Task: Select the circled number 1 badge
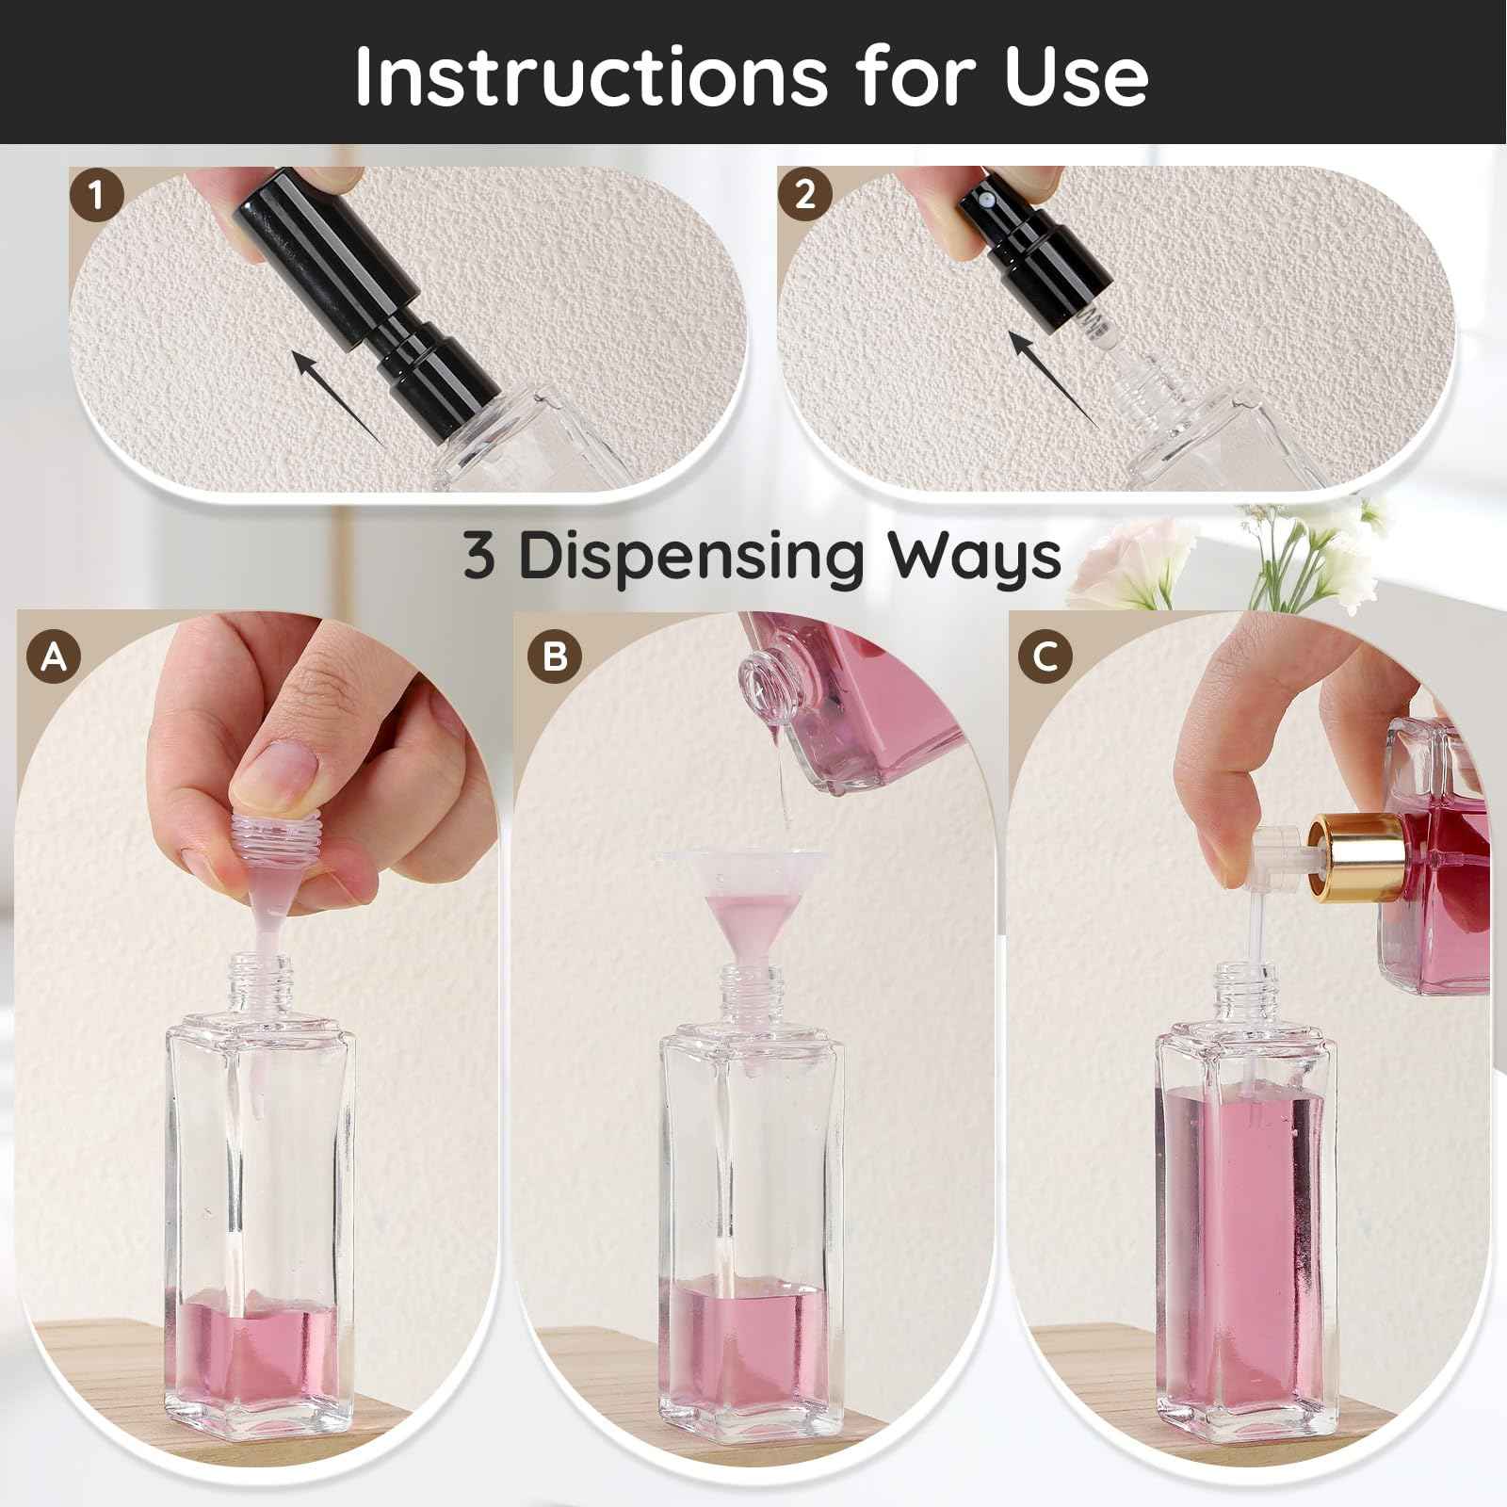tap(96, 196)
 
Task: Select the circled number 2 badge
tap(804, 195)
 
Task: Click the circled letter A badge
tap(55, 656)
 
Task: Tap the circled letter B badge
tap(555, 656)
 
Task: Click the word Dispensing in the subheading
tap(690, 556)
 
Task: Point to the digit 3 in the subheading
tap(478, 556)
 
